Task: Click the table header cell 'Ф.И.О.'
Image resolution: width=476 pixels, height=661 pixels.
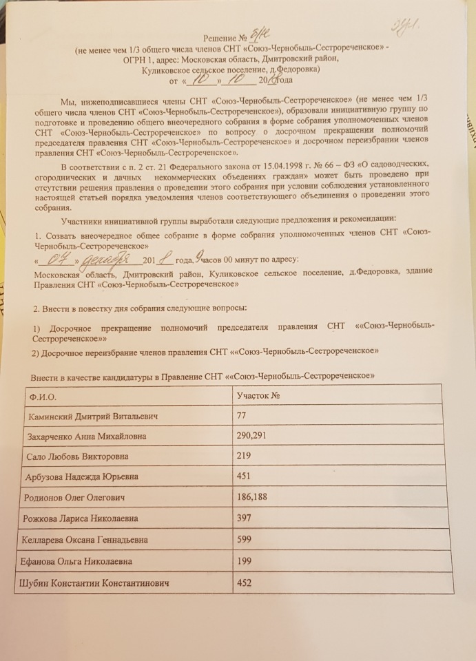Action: click(x=41, y=397)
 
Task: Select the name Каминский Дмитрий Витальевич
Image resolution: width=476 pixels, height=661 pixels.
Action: click(x=93, y=417)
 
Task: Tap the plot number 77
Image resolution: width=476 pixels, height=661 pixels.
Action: click(x=242, y=417)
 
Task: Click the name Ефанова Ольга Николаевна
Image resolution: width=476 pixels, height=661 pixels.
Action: click(x=78, y=561)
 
